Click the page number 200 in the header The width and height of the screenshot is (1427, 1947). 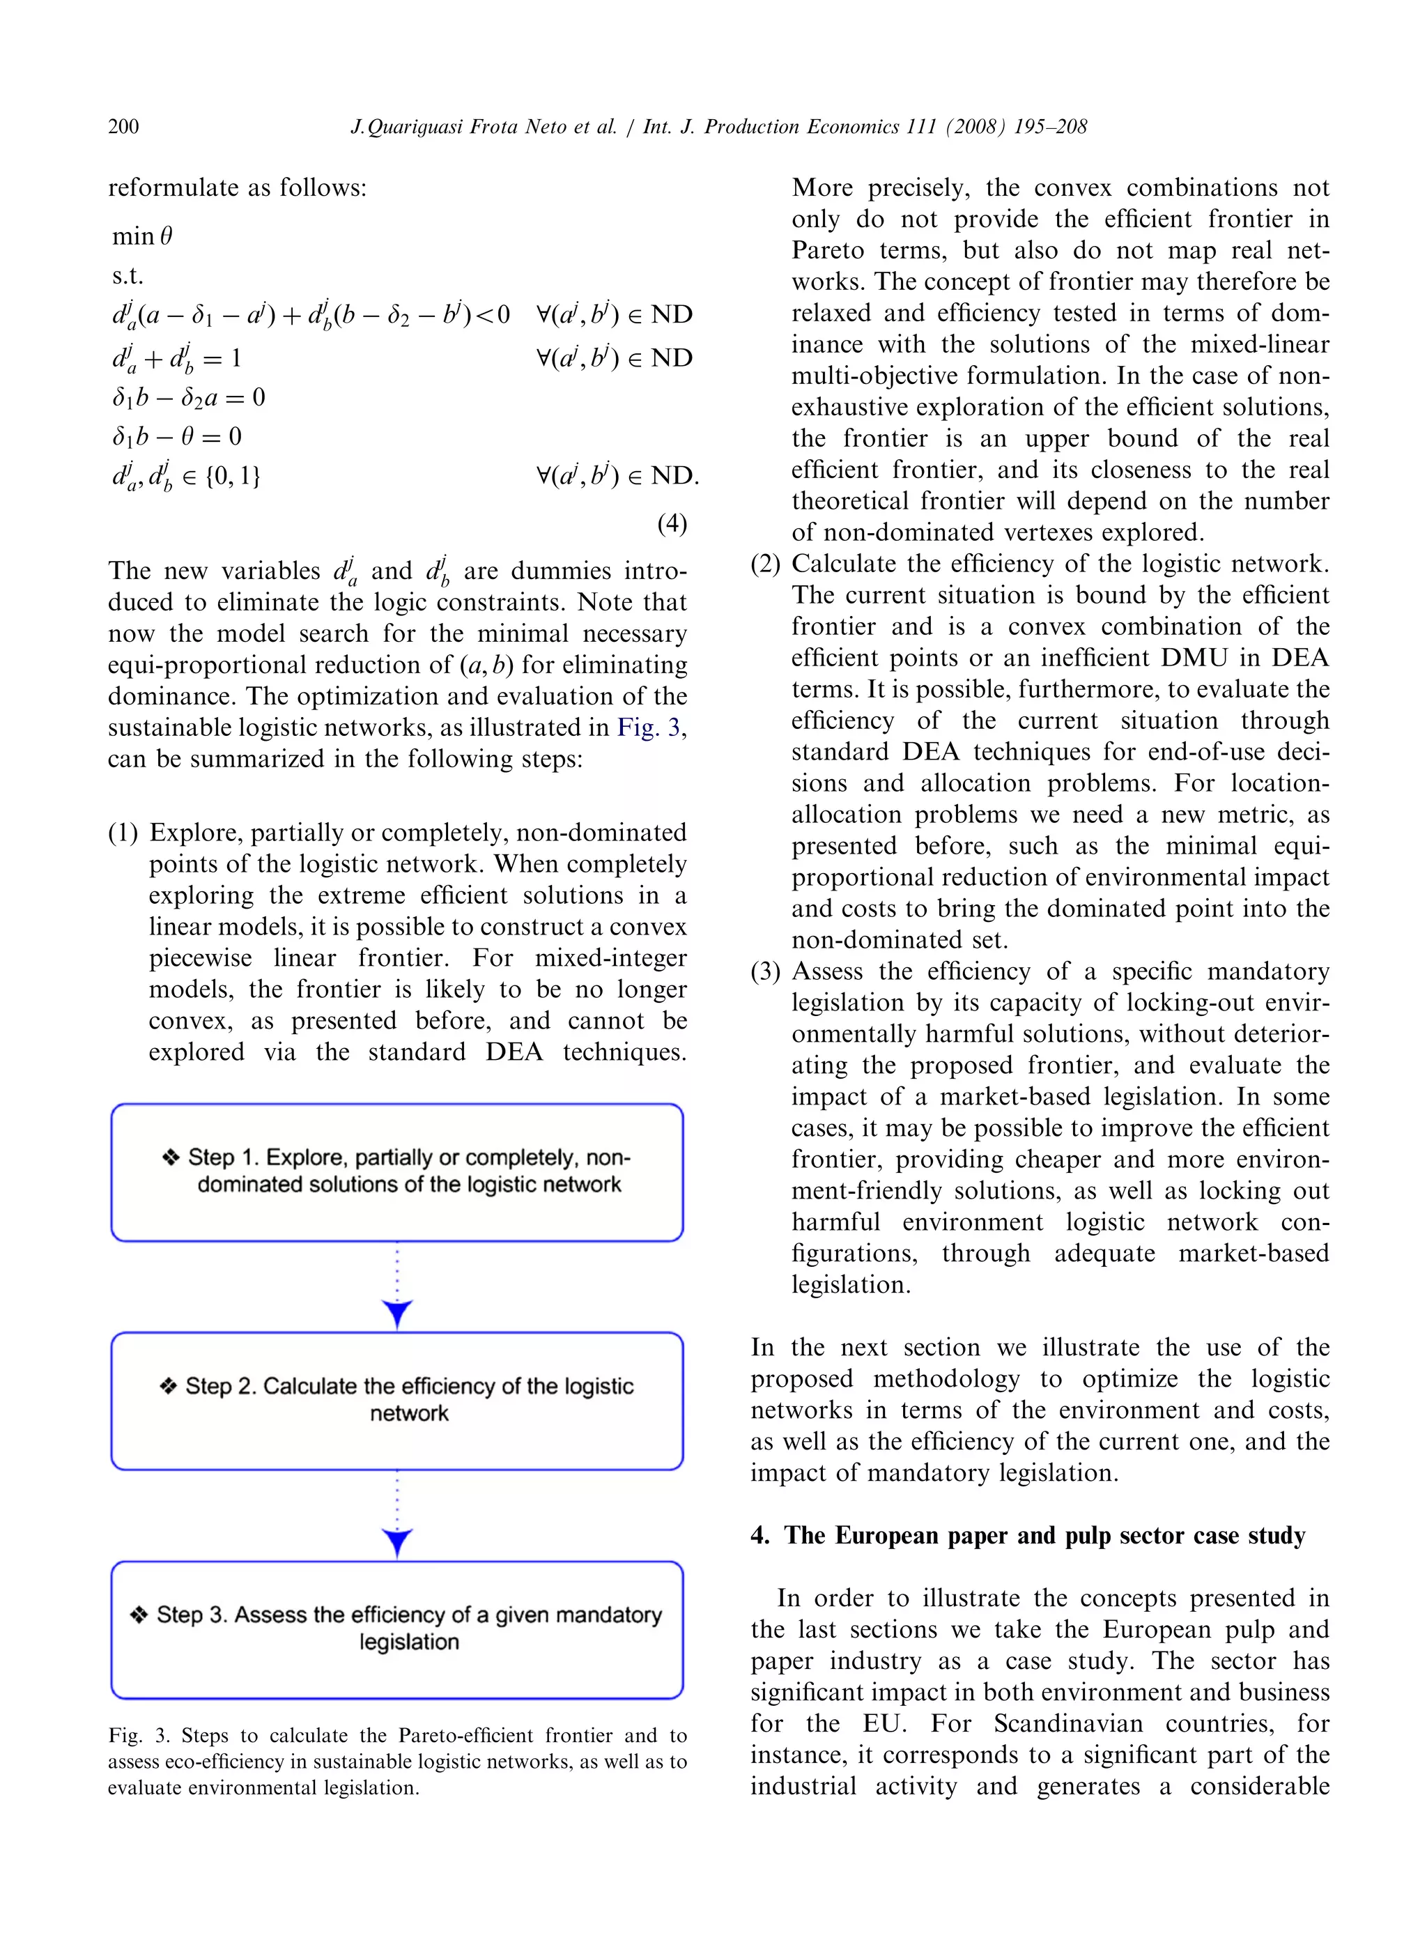click(123, 127)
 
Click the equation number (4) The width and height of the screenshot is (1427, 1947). click(671, 523)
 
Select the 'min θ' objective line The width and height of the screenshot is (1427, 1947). click(143, 236)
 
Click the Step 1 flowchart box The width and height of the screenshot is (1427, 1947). click(396, 1172)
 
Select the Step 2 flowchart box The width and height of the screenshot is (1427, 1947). click(396, 1401)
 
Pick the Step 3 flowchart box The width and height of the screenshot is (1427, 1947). click(396, 1630)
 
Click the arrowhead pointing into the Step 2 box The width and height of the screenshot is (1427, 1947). click(396, 1314)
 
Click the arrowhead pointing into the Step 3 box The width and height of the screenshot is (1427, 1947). click(396, 1543)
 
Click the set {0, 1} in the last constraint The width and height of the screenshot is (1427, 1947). click(233, 476)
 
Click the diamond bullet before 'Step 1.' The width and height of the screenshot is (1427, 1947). click(171, 1157)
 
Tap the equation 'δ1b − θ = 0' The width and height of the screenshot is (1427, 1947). click(176, 436)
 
